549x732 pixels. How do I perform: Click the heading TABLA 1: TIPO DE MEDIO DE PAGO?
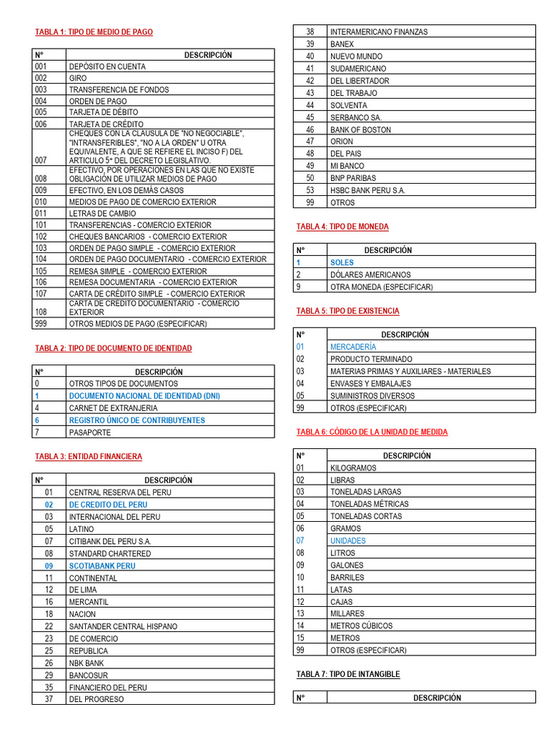pos(94,32)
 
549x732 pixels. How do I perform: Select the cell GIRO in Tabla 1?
pos(77,78)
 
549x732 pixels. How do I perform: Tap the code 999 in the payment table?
pos(41,324)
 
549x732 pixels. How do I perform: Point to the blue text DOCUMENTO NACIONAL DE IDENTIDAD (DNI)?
pos(144,395)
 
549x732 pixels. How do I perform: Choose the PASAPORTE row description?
pos(86,432)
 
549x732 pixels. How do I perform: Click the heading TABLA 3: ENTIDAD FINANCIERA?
pos(89,456)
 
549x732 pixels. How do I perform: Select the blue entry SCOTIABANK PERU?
pos(102,565)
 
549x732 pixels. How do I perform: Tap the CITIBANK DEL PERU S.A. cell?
pos(110,541)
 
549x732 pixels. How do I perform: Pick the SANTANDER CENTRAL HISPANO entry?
pos(123,626)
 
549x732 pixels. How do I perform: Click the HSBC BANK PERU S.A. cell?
pos(367,190)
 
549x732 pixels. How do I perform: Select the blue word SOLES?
pos(342,262)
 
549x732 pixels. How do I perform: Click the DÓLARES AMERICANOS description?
pos(370,274)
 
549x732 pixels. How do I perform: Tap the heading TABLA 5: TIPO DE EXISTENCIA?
pos(347,311)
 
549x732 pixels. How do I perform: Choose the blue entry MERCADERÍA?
pos(353,347)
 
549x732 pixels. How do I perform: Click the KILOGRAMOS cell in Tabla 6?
pos(353,468)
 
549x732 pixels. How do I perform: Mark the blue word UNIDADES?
pos(347,540)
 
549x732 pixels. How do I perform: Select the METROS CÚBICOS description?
pos(361,625)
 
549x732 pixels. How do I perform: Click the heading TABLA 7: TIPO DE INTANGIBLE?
pos(348,674)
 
